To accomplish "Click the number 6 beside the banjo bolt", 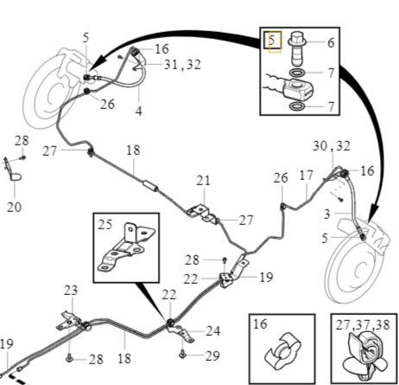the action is pyautogui.click(x=331, y=42).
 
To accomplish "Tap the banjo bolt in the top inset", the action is pyautogui.click(x=297, y=48).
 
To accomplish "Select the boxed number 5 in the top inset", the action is pyautogui.click(x=271, y=40).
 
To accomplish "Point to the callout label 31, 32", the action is pyautogui.click(x=182, y=65).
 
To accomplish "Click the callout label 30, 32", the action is pyautogui.click(x=332, y=146).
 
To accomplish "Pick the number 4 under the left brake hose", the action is pyautogui.click(x=139, y=111).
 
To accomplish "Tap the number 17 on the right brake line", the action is pyautogui.click(x=307, y=176).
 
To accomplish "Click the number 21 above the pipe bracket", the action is pyautogui.click(x=204, y=181).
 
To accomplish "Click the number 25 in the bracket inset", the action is pyautogui.click(x=104, y=225).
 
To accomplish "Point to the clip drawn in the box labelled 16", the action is pyautogui.click(x=282, y=351).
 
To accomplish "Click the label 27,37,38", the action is pyautogui.click(x=363, y=324).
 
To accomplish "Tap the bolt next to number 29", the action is pyautogui.click(x=182, y=354).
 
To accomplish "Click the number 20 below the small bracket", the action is pyautogui.click(x=14, y=207).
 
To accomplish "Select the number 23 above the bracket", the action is pyautogui.click(x=71, y=290).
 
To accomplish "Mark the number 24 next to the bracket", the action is pyautogui.click(x=213, y=331).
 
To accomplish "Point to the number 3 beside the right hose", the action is pyautogui.click(x=326, y=214).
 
